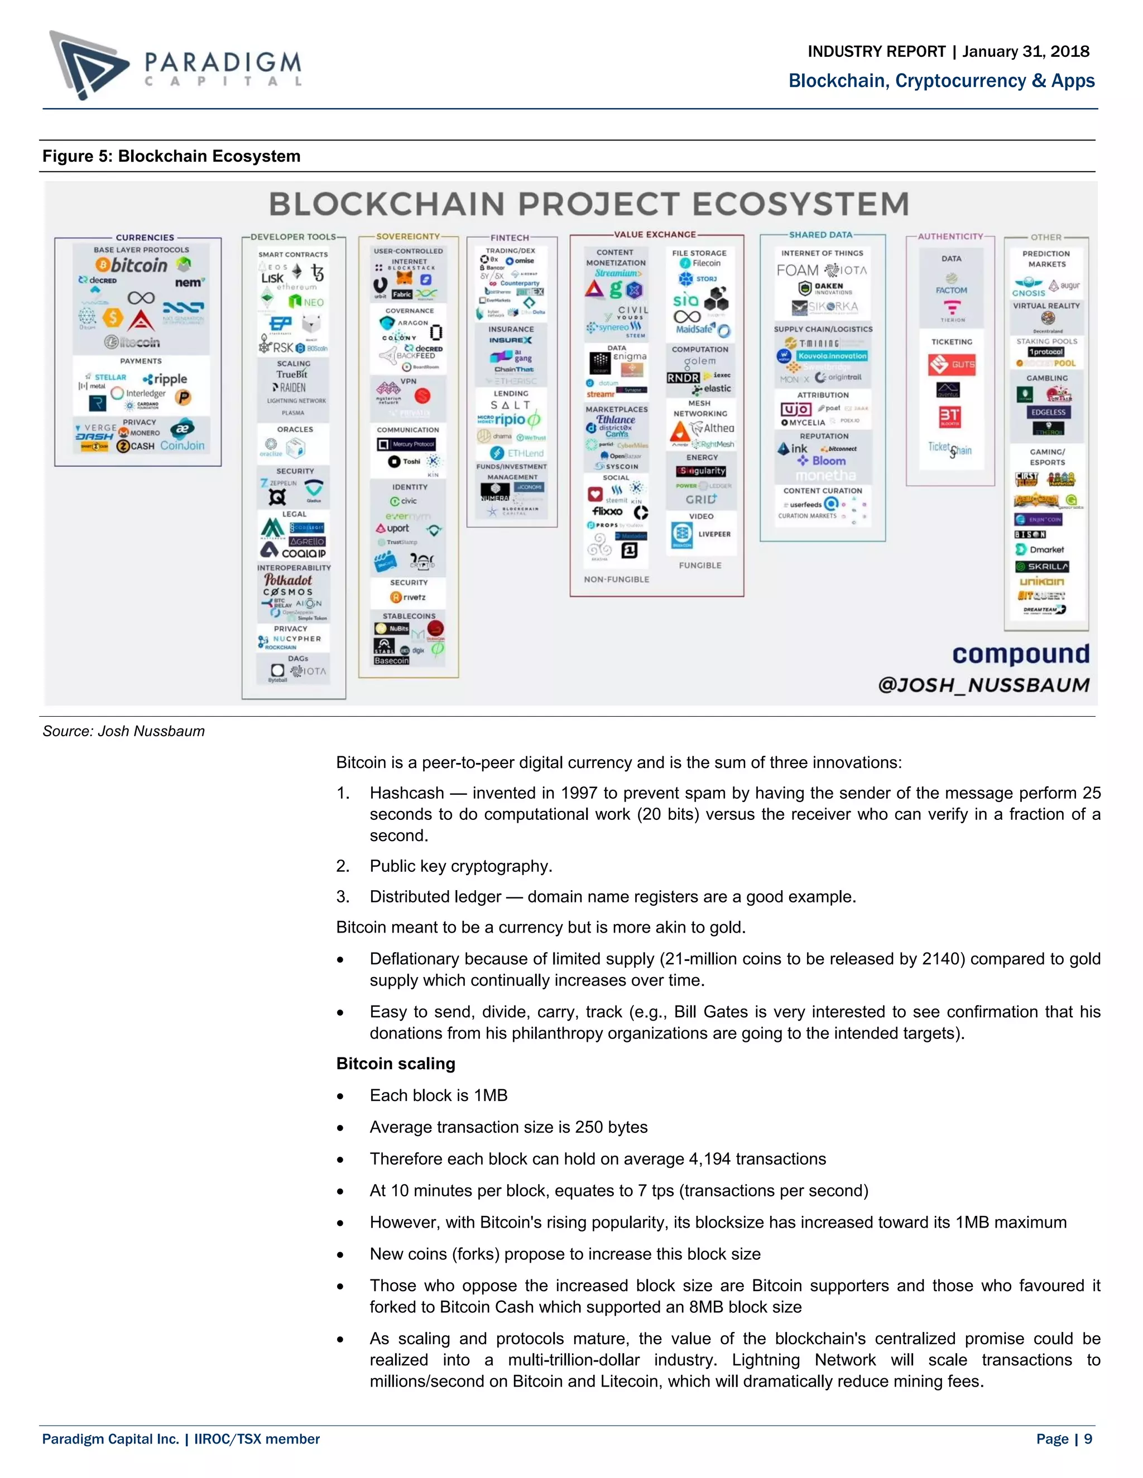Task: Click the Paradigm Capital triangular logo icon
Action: point(88,64)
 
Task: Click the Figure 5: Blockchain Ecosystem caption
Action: point(171,156)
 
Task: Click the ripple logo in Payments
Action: point(166,379)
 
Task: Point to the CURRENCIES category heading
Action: point(145,238)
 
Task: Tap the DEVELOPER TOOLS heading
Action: point(293,237)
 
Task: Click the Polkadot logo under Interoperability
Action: point(289,580)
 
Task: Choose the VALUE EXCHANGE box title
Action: point(655,235)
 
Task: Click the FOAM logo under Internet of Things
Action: point(798,271)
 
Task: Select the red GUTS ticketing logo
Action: point(952,365)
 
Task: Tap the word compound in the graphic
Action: point(1020,654)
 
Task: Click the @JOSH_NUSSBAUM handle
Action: point(984,685)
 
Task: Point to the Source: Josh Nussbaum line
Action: point(123,731)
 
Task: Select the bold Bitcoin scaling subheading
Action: point(396,1063)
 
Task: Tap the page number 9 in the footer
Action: point(1088,1439)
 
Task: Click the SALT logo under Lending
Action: point(511,405)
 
